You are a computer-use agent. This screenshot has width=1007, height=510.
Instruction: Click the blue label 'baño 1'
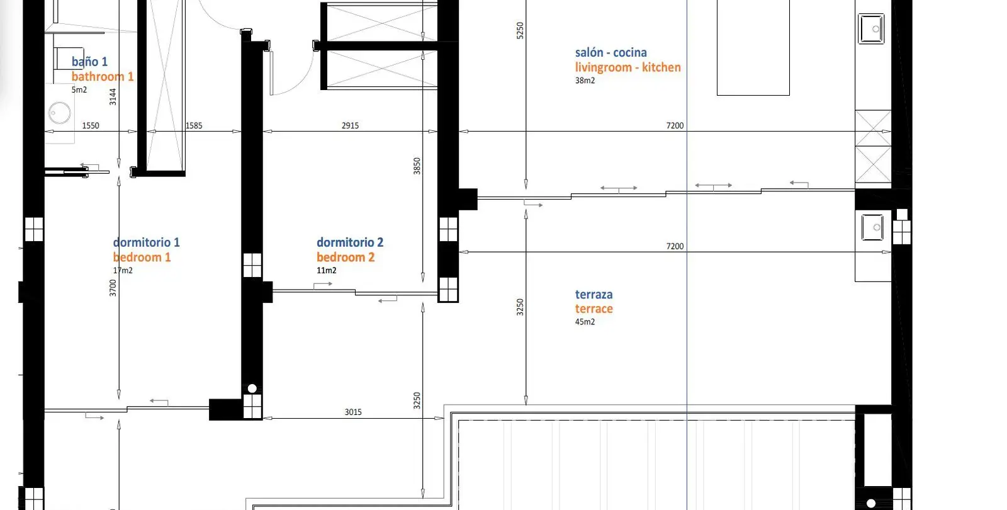(89, 62)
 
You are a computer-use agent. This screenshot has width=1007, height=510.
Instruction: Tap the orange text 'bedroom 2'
(346, 258)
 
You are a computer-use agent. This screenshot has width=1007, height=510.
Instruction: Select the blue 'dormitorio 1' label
(146, 242)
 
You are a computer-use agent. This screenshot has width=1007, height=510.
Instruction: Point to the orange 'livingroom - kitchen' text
(627, 67)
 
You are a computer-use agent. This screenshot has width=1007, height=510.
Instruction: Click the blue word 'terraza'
(594, 295)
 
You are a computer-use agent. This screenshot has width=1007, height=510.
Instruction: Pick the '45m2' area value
(585, 322)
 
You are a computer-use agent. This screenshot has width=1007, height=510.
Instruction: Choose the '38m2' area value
(585, 81)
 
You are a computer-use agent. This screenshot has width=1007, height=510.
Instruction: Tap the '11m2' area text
(326, 270)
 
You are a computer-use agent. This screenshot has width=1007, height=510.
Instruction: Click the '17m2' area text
(122, 270)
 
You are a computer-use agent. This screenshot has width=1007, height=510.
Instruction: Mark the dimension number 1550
(91, 125)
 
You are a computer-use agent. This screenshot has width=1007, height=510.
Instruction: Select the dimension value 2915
(350, 125)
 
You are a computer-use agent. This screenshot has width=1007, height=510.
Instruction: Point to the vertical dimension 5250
(520, 31)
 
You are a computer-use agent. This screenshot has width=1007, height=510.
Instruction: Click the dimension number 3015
(353, 412)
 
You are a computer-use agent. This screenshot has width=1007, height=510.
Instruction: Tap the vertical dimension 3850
(417, 166)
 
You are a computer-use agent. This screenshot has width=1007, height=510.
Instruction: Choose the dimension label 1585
(194, 125)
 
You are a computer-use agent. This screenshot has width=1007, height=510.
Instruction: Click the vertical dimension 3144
(113, 97)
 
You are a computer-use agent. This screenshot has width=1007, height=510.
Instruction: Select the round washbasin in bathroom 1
(59, 113)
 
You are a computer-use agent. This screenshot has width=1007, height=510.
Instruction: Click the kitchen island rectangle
(753, 47)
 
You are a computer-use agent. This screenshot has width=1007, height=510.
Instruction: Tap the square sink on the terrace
(872, 227)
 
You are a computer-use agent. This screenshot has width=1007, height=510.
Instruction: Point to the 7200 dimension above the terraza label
(674, 246)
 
